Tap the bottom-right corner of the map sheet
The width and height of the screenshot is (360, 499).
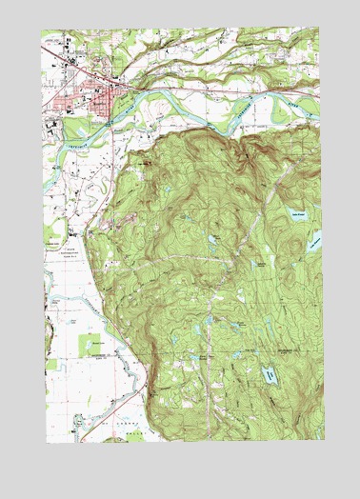pyautogui.click(x=324, y=440)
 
